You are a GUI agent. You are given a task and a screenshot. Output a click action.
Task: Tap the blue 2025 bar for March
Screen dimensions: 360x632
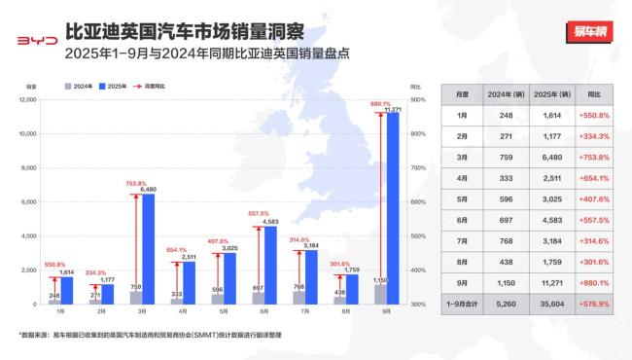(148, 249)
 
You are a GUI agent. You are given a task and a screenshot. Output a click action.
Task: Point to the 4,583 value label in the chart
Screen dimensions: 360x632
(269, 221)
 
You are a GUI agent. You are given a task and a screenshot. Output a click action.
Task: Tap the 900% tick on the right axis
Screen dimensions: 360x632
(419, 99)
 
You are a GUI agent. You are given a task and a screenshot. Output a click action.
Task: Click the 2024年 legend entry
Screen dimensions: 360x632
(81, 87)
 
